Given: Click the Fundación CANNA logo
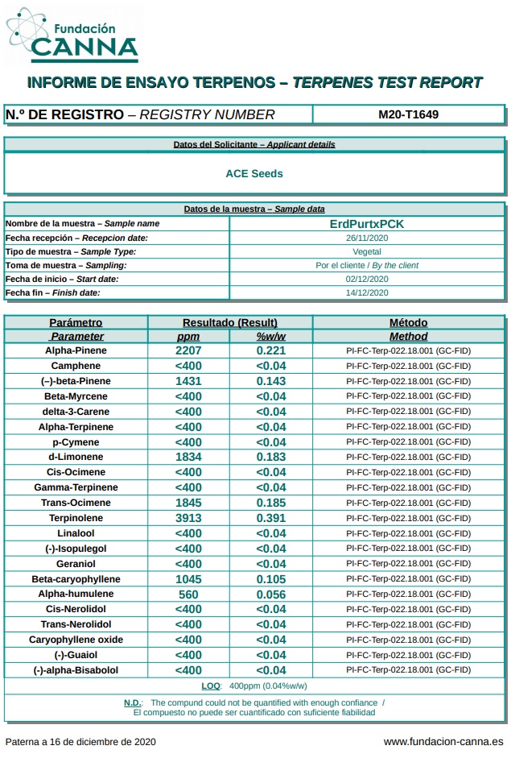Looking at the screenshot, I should [x=72, y=35].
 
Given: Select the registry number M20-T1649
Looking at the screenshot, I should [x=408, y=114].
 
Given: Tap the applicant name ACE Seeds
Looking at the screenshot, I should [x=254, y=173].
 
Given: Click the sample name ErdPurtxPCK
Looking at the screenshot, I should [x=367, y=224].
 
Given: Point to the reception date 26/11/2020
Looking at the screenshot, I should [x=367, y=238].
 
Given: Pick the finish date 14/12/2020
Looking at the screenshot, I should [x=367, y=293].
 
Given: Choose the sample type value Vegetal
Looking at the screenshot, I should [x=367, y=252].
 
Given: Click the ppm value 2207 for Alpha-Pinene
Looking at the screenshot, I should [x=188, y=351].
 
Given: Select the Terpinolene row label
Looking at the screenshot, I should [x=76, y=519].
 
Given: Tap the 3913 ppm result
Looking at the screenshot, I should [x=188, y=519].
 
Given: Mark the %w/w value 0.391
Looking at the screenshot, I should [x=271, y=519].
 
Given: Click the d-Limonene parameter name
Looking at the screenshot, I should [x=76, y=458].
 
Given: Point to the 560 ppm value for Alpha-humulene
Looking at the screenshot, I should [x=188, y=594].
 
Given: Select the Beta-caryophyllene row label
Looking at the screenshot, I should [x=76, y=579].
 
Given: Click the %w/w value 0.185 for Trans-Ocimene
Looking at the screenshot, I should [x=271, y=503].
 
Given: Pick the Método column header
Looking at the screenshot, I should [x=408, y=323].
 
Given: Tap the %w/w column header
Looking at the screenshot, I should [x=271, y=337].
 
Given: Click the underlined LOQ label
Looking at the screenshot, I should [x=211, y=686].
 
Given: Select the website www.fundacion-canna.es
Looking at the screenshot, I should [x=443, y=742].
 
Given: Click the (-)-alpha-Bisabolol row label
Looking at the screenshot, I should [x=76, y=670].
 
